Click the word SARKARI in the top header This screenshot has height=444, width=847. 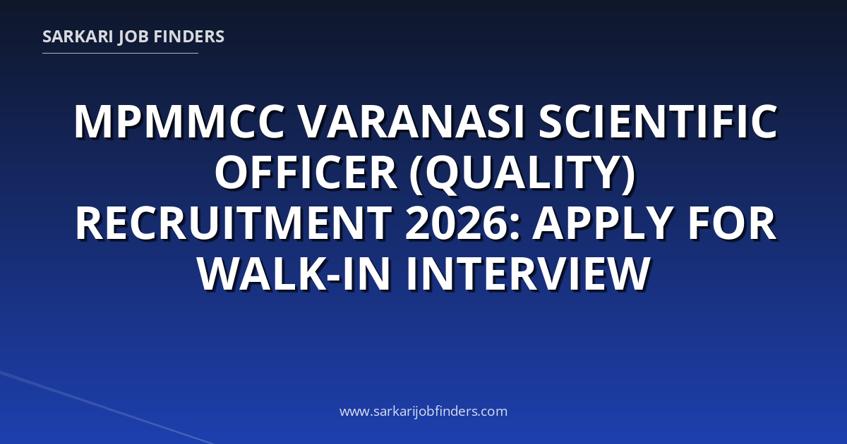(78, 37)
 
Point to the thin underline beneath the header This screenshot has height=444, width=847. (120, 54)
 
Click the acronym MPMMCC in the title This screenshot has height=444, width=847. (179, 122)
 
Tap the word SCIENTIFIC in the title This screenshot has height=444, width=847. (659, 122)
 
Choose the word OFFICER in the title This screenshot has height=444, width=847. (306, 172)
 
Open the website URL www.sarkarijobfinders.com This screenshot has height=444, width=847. (423, 411)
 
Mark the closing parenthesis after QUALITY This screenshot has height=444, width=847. (628, 174)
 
